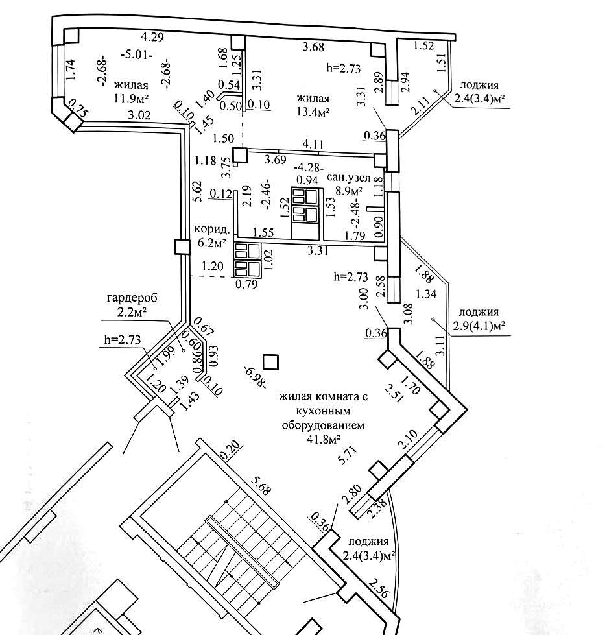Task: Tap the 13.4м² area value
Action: pyautogui.click(x=313, y=112)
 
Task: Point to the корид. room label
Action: pyautogui.click(x=210, y=230)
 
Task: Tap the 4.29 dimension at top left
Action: pyautogui.click(x=153, y=38)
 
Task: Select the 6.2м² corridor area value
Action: pyautogui.click(x=211, y=243)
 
